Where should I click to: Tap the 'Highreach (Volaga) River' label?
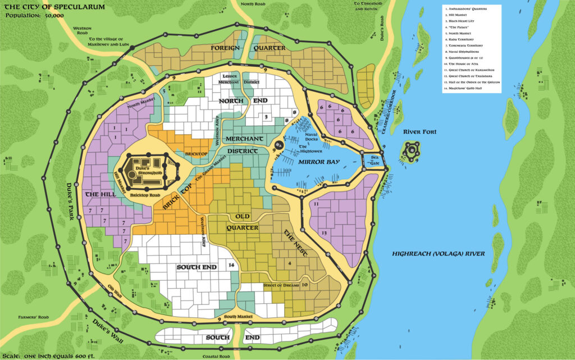point(438,254)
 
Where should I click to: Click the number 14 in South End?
point(230,265)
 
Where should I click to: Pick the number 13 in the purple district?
point(324,233)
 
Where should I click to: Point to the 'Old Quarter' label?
point(242,222)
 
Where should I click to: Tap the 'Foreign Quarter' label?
point(248,48)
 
